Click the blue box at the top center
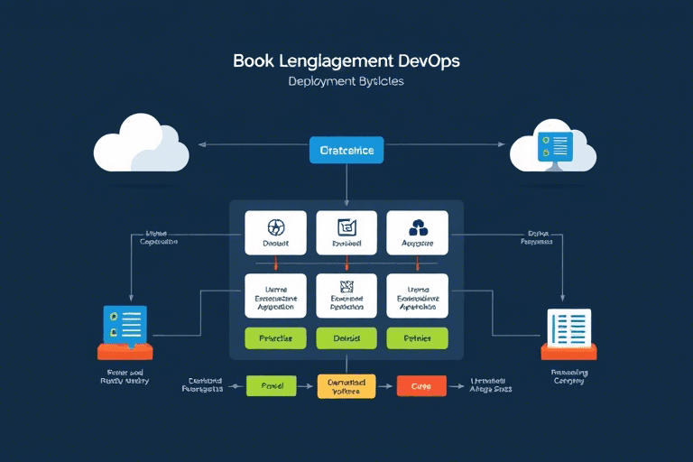pos(346,150)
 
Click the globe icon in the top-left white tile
pos(276,227)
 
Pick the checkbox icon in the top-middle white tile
pos(346,227)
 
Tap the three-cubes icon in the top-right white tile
pos(417,227)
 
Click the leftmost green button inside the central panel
pos(276,338)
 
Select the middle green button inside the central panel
pos(346,338)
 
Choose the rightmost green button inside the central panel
pos(417,338)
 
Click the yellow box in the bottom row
pos(346,386)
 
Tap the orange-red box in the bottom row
pos(421,386)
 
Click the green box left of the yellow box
pos(273,386)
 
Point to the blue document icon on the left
pos(125,326)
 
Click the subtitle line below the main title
pos(346,81)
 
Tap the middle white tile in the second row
pos(346,295)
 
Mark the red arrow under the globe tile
pos(276,263)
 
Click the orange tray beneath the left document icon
pos(125,352)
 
